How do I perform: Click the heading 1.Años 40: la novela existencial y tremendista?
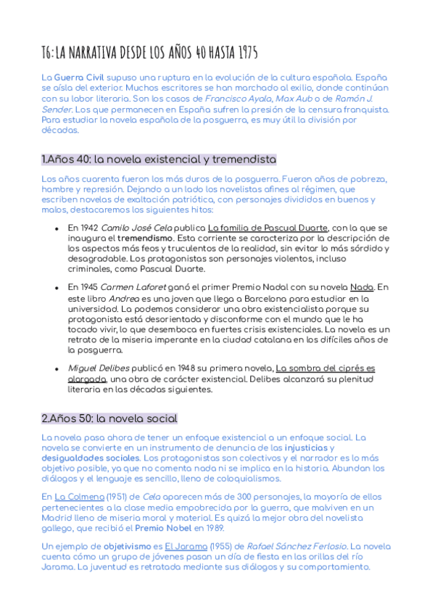159,159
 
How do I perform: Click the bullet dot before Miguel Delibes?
57,368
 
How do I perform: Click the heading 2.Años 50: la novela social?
109,418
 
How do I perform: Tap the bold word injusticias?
307,447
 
